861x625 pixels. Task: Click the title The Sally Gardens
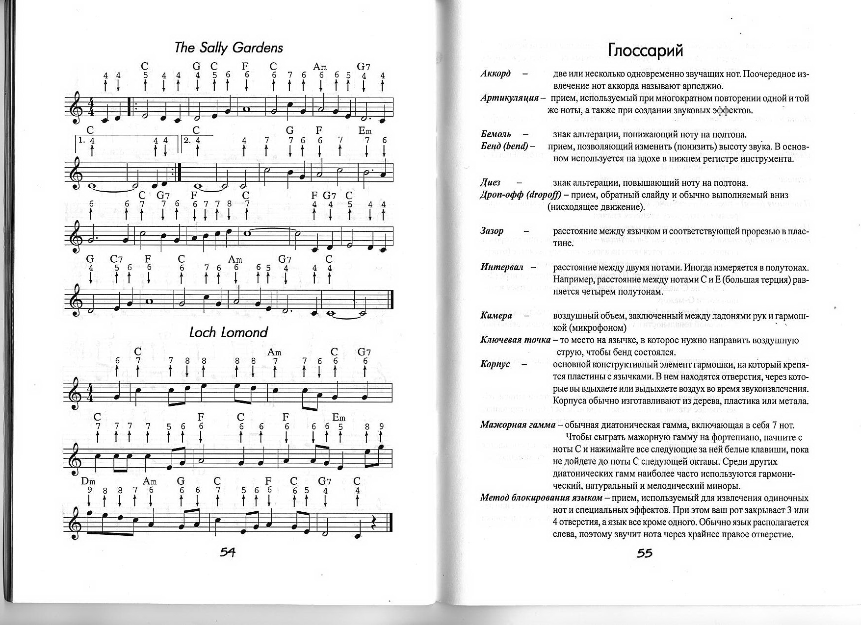[229, 48]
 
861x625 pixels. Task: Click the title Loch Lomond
[229, 332]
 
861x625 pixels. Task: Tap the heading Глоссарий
[645, 50]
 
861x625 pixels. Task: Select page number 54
[227, 552]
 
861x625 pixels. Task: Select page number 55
[645, 553]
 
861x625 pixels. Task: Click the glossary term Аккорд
[496, 74]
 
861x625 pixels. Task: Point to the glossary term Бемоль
[496, 134]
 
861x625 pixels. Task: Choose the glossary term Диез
[490, 182]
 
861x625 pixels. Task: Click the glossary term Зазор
[492, 231]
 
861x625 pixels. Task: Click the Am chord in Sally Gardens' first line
[320, 67]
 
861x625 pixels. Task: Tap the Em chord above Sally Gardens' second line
[365, 131]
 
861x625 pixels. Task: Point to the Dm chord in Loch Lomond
[88, 481]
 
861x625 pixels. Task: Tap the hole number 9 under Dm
[90, 489]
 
